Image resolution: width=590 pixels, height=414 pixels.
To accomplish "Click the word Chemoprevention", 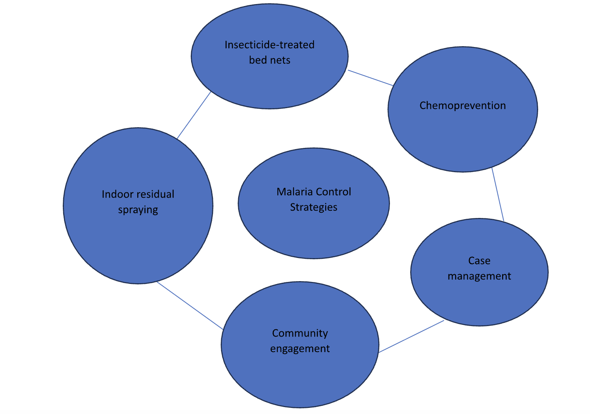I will click(x=462, y=106).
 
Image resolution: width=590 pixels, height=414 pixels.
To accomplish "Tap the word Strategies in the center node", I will click(x=313, y=207).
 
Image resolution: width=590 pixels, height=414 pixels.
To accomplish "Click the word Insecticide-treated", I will click(x=269, y=45).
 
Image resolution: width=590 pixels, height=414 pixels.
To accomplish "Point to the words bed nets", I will click(x=269, y=60).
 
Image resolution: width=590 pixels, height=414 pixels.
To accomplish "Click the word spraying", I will click(x=138, y=210).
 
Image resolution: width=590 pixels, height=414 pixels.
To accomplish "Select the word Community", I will click(x=300, y=333).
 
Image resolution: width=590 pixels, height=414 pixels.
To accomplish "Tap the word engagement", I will click(x=300, y=349).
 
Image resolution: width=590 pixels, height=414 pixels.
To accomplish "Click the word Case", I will click(x=479, y=261).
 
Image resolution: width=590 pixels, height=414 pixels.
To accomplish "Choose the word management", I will click(x=479, y=276).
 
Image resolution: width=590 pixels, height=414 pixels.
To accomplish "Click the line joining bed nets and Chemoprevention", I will click(x=370, y=78).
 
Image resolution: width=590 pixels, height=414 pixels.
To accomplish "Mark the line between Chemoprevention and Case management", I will click(x=498, y=194).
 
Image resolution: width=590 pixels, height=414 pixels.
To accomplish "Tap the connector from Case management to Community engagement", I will click(x=411, y=337).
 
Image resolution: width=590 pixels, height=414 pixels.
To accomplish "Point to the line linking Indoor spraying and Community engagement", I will click(x=190, y=305).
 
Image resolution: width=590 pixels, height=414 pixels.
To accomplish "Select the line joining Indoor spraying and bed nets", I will click(x=194, y=115).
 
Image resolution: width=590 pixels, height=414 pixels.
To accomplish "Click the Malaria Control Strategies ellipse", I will click(x=313, y=235).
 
